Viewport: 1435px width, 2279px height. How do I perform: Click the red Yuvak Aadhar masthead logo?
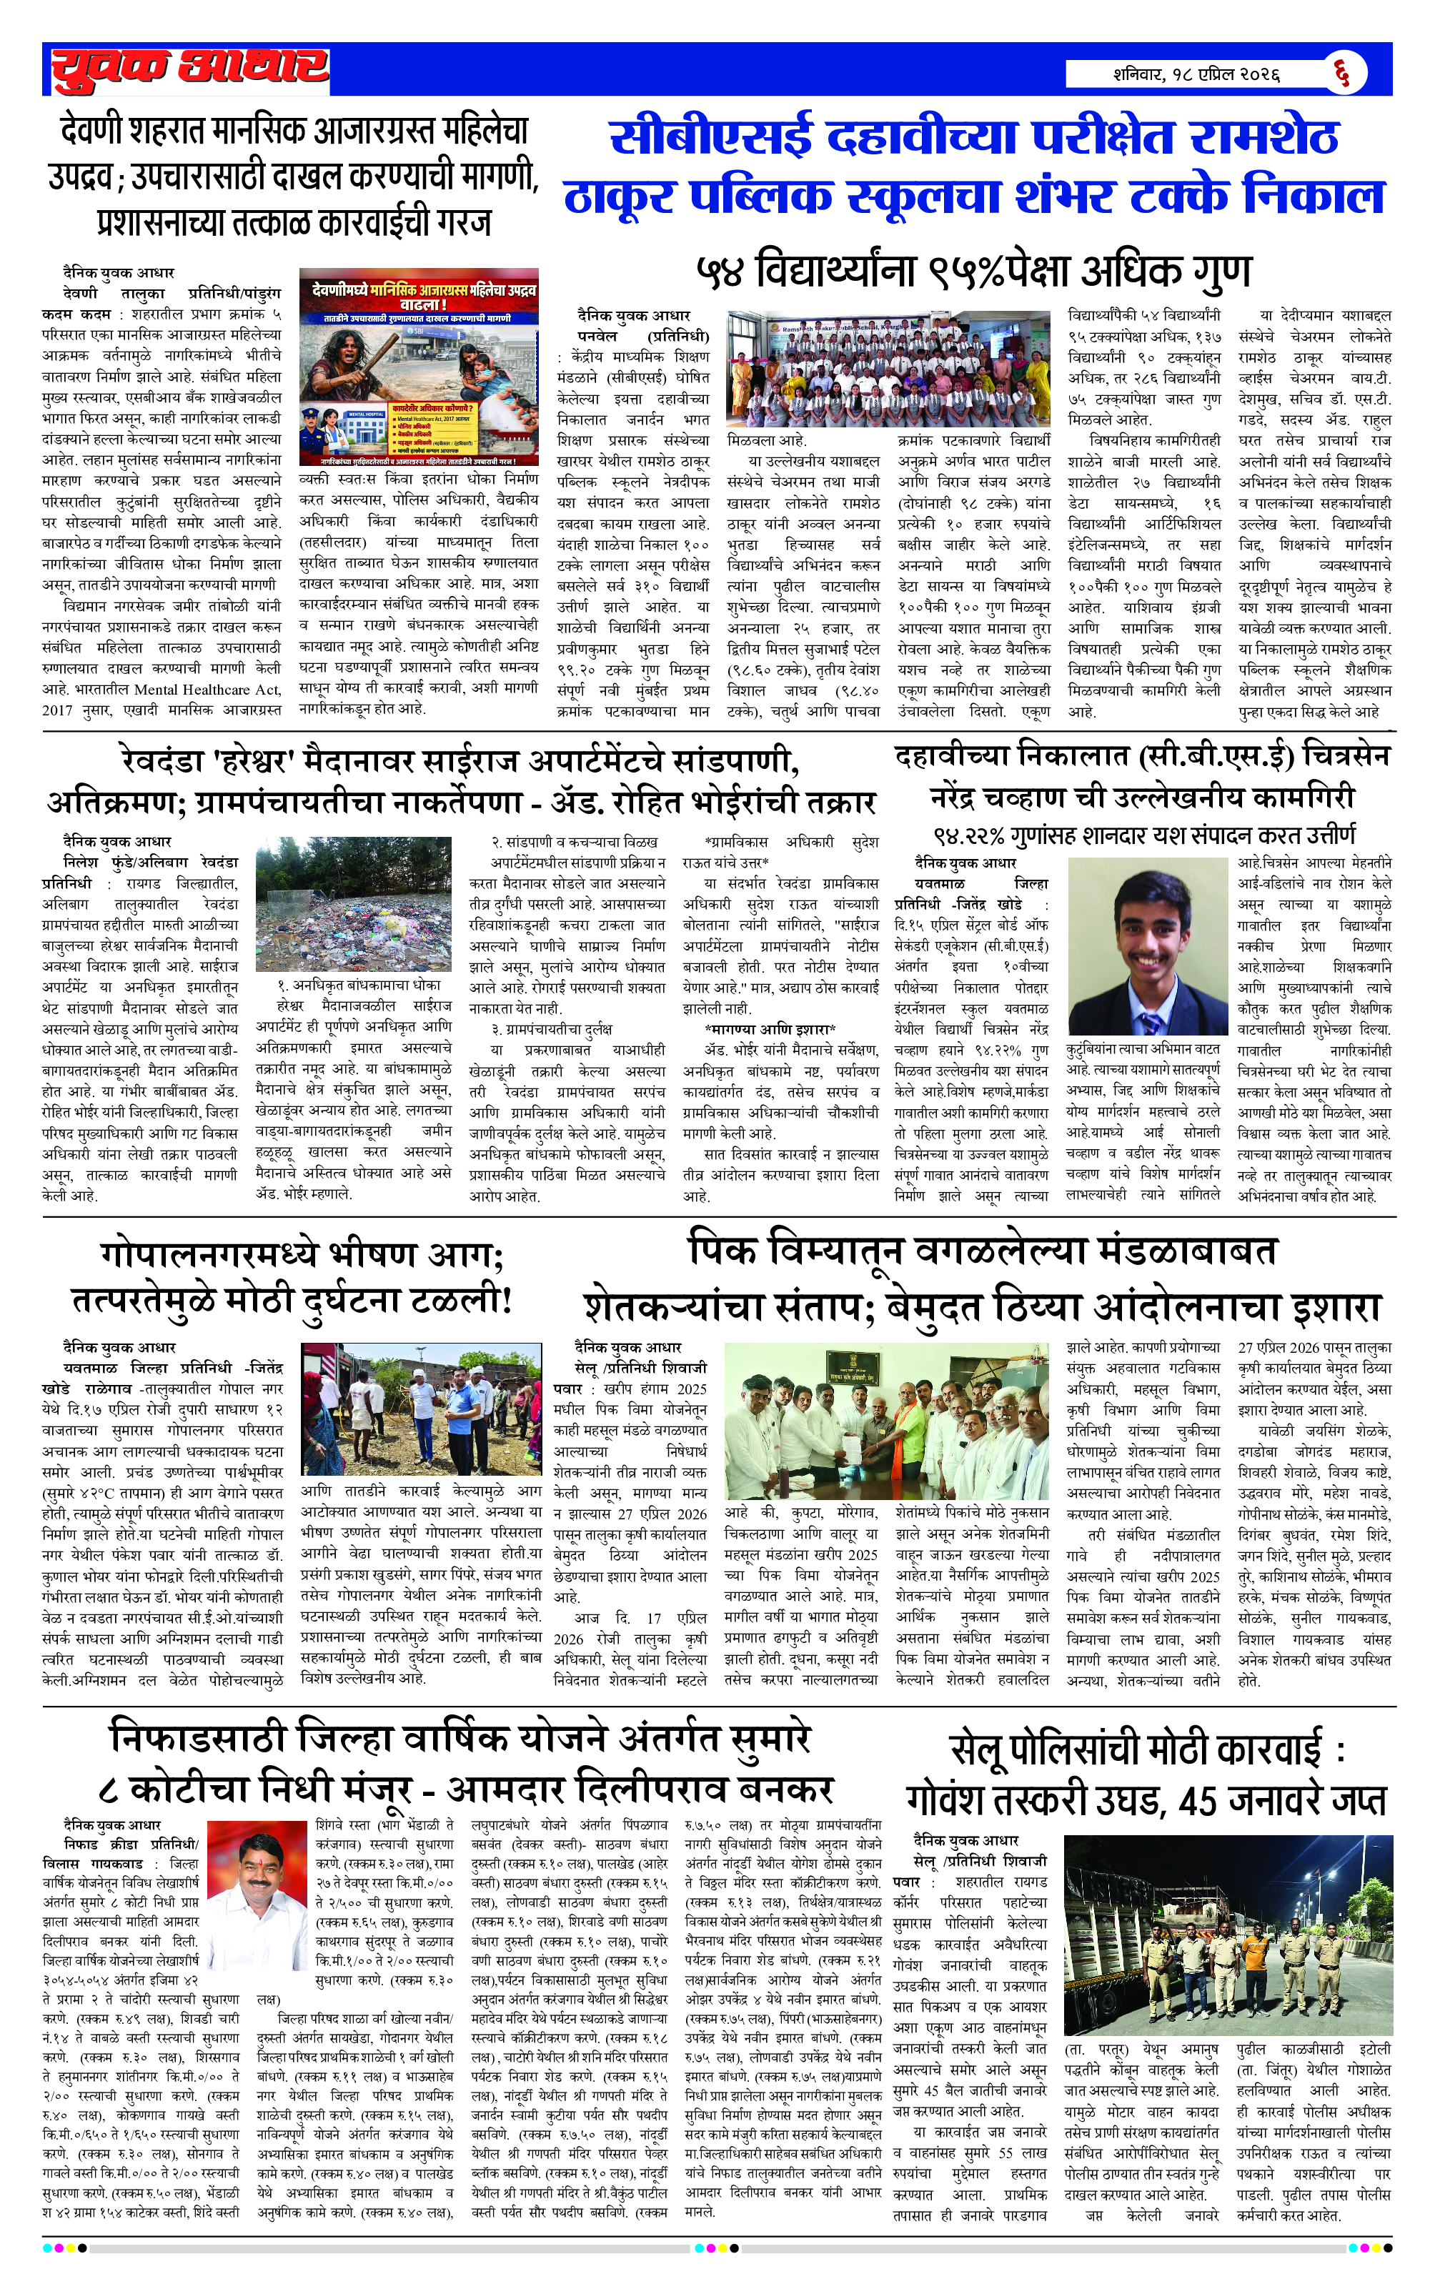coord(189,69)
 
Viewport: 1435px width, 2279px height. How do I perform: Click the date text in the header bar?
coord(1196,74)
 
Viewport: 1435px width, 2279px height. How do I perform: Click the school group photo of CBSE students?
coord(888,368)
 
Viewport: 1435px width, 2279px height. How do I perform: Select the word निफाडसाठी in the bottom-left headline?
coord(197,1739)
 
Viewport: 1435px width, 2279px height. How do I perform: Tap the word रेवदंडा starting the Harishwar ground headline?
coord(164,760)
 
